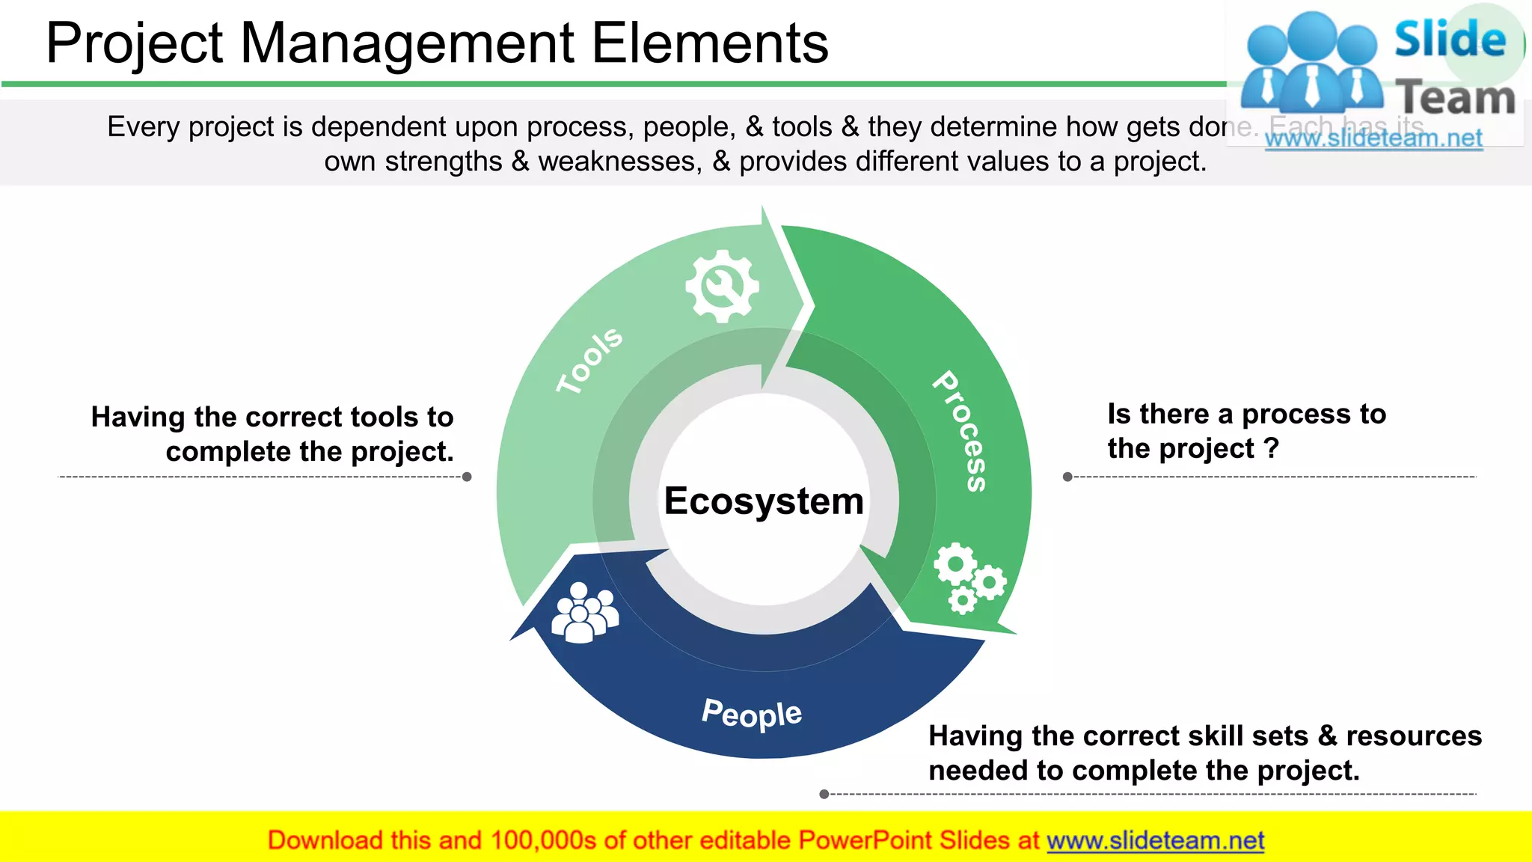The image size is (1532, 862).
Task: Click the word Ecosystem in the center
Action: tap(764, 501)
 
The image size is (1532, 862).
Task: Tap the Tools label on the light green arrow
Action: tap(589, 360)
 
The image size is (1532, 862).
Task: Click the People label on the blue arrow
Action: tap(752, 714)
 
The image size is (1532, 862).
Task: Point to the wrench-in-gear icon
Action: tap(722, 287)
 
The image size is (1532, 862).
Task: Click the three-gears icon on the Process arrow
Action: tap(969, 578)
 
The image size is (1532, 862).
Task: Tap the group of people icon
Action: tap(584, 613)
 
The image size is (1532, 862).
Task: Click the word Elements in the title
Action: tap(710, 43)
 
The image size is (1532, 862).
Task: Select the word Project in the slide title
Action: tap(135, 43)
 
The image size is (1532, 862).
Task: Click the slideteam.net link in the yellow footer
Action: tap(1155, 840)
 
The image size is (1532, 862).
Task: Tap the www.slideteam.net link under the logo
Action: tap(1373, 138)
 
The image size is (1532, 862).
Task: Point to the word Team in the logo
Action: tap(1456, 98)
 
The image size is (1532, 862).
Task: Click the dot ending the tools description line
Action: tap(467, 477)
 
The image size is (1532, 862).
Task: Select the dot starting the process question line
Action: tap(1067, 477)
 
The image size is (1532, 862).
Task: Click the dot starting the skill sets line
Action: tap(824, 794)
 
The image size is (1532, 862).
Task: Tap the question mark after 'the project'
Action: tap(1271, 449)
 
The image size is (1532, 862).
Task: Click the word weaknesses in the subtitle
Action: tap(620, 162)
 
